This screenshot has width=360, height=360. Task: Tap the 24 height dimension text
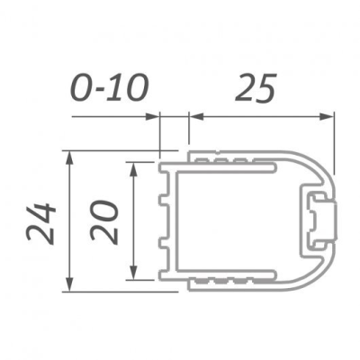[x=42, y=222]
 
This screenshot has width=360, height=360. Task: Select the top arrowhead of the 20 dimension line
[x=133, y=167]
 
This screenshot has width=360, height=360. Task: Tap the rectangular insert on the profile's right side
[x=319, y=220]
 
